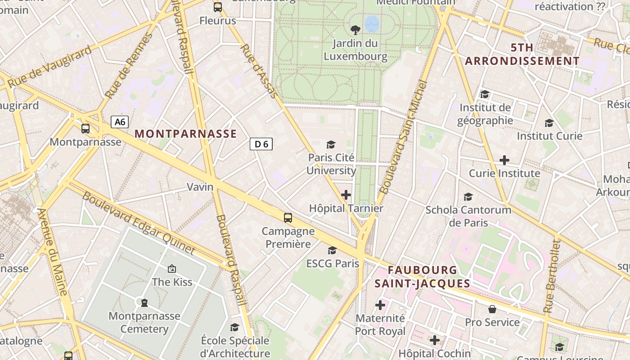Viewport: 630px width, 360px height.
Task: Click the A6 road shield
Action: click(120, 121)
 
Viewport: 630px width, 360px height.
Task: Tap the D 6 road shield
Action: click(261, 144)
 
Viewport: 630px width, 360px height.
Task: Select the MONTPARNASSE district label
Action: click(185, 134)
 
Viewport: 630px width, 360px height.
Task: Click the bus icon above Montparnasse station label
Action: click(85, 129)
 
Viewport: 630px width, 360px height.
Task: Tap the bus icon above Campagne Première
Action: click(288, 218)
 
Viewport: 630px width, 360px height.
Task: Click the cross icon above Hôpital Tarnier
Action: click(346, 195)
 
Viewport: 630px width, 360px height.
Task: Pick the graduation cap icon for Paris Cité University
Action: click(331, 144)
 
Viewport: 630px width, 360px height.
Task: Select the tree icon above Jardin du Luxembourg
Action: click(355, 30)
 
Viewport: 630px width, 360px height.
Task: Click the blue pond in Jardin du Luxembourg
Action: click(372, 23)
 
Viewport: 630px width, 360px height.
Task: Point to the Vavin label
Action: click(200, 187)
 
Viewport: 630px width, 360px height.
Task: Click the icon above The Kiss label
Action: click(171, 269)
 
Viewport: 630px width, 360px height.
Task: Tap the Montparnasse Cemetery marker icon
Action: click(144, 302)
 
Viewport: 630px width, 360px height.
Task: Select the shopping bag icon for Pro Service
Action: click(492, 309)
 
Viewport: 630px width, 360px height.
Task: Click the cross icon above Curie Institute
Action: click(504, 160)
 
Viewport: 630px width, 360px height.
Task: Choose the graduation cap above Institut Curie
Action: click(549, 123)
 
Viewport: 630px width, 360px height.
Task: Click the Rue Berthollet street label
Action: click(552, 276)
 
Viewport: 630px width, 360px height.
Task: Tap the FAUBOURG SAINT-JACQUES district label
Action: click(423, 277)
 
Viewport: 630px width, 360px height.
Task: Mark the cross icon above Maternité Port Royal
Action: click(380, 305)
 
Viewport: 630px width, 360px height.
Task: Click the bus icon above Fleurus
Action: click(218, 7)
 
